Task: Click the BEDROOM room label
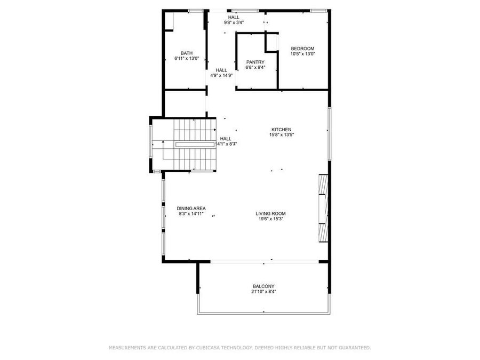(x=302, y=49)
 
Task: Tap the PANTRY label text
(x=255, y=62)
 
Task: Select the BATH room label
(x=187, y=53)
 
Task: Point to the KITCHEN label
(x=281, y=130)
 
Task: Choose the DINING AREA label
(x=191, y=208)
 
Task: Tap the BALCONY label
(x=263, y=286)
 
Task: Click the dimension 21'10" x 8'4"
(x=263, y=291)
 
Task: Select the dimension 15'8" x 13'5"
(x=281, y=135)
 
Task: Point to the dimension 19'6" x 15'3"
(x=270, y=219)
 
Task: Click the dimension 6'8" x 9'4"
(x=255, y=67)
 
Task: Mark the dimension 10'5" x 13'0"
(x=302, y=54)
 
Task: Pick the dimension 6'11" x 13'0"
(x=187, y=58)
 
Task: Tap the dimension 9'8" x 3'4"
(x=234, y=22)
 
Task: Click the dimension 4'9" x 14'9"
(x=221, y=75)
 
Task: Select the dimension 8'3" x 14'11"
(x=191, y=213)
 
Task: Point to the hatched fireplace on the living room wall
(x=322, y=208)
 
